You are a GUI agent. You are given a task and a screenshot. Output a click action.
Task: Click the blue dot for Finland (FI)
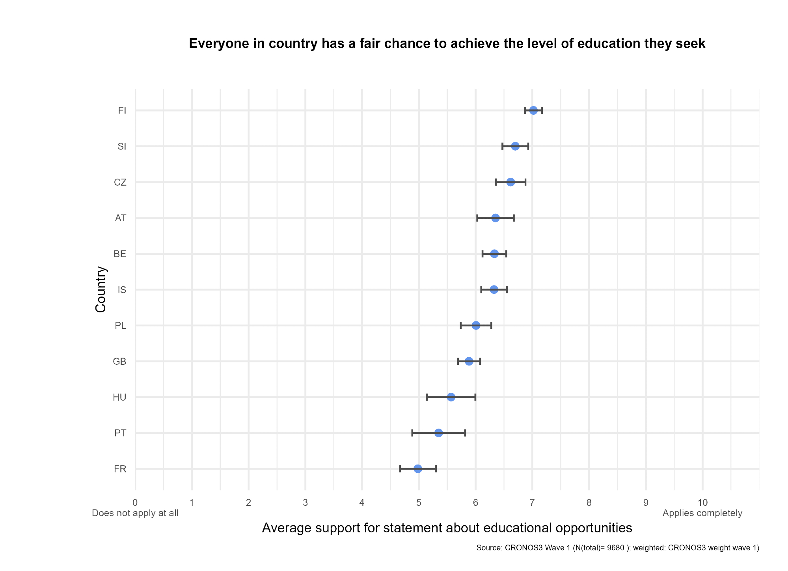coord(533,110)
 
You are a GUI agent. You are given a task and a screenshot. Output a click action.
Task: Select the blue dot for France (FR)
coord(418,469)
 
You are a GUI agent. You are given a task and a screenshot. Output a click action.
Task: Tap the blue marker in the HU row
coord(451,397)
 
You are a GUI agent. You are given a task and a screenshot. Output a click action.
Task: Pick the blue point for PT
coord(439,433)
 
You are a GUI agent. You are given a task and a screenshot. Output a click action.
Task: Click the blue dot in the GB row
coord(469,361)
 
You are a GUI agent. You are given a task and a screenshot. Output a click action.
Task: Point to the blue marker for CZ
coord(510,182)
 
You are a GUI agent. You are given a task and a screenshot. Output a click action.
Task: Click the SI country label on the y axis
coord(122,147)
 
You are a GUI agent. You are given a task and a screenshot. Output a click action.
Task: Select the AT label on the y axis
coord(121,218)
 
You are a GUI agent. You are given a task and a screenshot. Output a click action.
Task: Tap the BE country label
coord(120,254)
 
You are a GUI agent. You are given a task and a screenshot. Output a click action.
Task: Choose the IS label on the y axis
coord(122,290)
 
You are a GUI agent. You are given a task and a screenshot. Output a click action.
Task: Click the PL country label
coord(121,326)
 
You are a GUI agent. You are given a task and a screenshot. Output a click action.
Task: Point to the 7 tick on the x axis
coord(532,503)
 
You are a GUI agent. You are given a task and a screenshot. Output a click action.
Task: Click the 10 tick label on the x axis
coord(702,503)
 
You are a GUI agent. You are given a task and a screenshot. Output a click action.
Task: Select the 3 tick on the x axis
coord(305,503)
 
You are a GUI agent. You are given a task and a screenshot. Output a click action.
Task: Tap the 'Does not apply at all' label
coord(135,513)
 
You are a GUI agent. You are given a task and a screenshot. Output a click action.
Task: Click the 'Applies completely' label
coord(702,513)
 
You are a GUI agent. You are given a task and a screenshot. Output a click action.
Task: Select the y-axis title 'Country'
coord(101,289)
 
